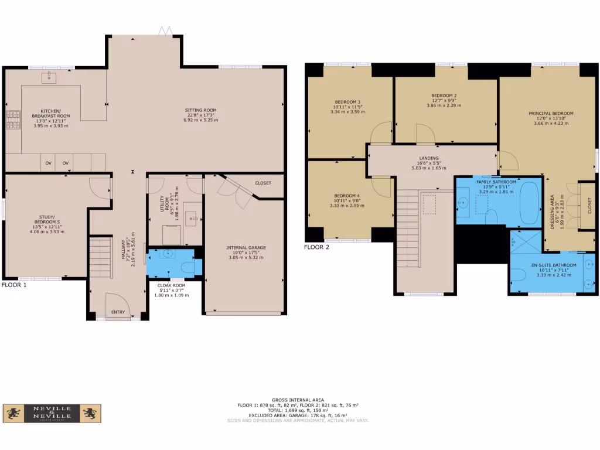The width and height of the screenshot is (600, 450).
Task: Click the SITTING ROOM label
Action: click(201, 110)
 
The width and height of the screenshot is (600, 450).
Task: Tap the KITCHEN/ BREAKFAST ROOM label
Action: click(55, 113)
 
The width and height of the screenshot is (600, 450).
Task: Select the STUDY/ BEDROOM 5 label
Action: click(47, 222)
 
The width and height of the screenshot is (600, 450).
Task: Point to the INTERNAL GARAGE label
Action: click(246, 248)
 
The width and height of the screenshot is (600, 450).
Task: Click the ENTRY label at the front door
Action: click(118, 312)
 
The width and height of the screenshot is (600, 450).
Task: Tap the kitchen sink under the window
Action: click(49, 77)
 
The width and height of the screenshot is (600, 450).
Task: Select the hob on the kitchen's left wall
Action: click(12, 120)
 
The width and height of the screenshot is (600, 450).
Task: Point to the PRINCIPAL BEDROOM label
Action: click(551, 113)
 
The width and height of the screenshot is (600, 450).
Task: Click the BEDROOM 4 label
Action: click(347, 195)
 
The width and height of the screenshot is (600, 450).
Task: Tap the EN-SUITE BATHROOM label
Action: click(554, 265)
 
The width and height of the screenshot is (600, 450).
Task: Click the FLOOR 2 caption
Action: click(316, 247)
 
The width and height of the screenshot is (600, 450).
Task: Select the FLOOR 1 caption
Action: click(15, 285)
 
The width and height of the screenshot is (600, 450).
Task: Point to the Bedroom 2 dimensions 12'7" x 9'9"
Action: click(444, 100)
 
